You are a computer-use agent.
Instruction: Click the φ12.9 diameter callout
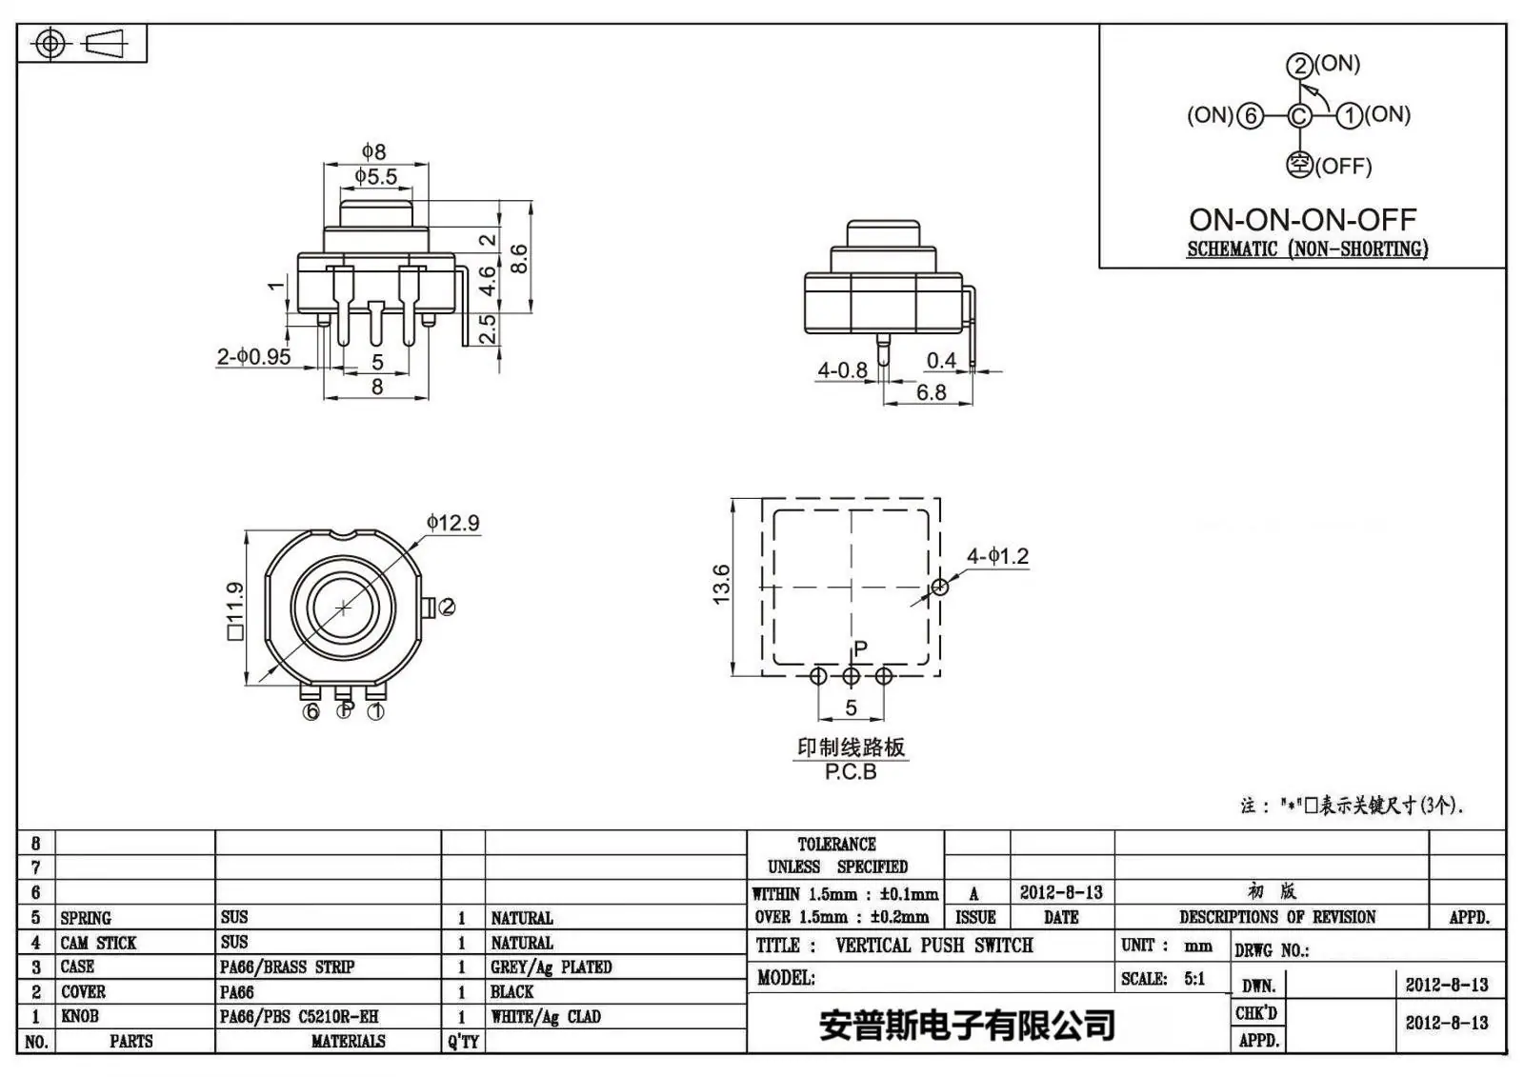(453, 523)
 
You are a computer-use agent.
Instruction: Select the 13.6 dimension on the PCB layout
(721, 584)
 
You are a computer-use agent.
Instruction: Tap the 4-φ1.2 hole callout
(997, 556)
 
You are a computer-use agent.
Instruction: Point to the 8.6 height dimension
(518, 258)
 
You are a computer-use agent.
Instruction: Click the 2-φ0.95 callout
(253, 356)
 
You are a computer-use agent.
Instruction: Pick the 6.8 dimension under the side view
(931, 392)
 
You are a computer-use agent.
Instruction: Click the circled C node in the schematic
(1299, 115)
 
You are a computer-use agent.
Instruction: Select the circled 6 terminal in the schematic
(1250, 115)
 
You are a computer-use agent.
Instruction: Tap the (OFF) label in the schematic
(1343, 166)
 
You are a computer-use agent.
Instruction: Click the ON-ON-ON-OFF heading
(1302, 219)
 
